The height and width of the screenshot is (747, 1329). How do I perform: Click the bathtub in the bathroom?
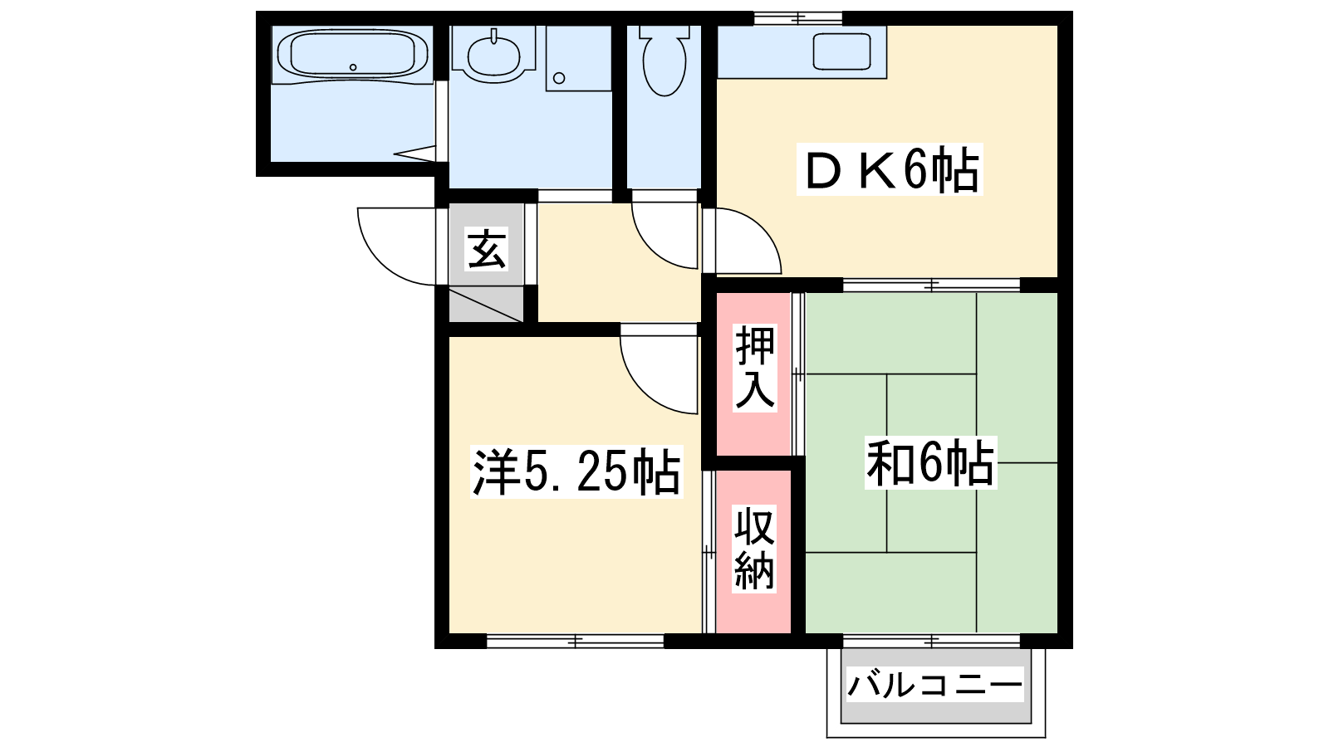click(x=352, y=54)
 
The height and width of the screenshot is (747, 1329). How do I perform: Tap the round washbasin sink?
click(x=493, y=56)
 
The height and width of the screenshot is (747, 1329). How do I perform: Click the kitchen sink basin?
click(x=842, y=51)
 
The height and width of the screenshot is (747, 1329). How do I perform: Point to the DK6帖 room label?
click(x=890, y=169)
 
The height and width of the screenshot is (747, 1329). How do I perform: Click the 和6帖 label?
click(x=930, y=462)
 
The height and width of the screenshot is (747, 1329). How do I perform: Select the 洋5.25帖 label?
click(x=576, y=472)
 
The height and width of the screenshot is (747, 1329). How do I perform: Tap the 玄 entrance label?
click(x=487, y=249)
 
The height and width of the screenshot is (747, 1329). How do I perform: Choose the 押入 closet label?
click(x=755, y=368)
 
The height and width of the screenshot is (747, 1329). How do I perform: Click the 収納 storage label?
click(x=754, y=549)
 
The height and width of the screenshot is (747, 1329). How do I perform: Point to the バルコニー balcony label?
click(x=935, y=685)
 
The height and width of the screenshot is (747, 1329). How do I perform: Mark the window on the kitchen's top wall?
click(x=798, y=18)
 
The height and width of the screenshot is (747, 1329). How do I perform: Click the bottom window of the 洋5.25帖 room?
click(x=575, y=641)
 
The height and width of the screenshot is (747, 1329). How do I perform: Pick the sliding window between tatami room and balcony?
click(x=931, y=641)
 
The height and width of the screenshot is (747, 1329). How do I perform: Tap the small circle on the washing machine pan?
click(x=559, y=78)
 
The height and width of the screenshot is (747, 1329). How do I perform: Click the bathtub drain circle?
click(x=353, y=67)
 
